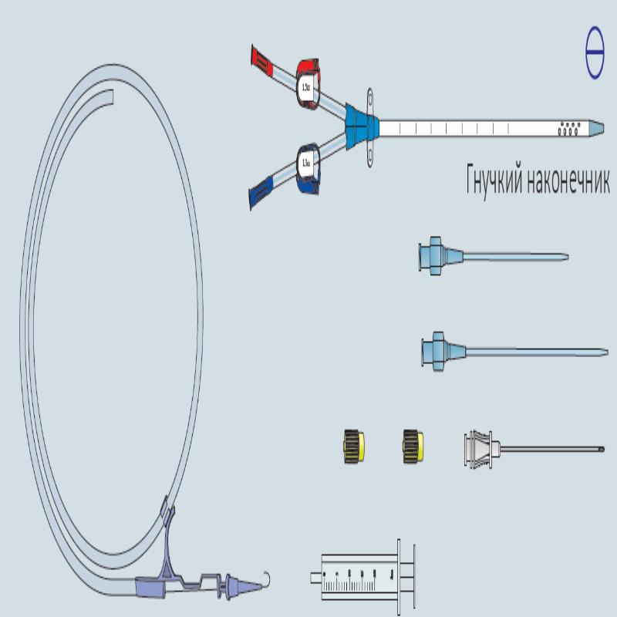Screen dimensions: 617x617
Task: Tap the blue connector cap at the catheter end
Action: (x=261, y=193)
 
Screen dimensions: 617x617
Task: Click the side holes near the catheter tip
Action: (x=569, y=127)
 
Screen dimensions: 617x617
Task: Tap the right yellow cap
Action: (x=413, y=446)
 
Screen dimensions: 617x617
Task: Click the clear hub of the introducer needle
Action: (x=481, y=447)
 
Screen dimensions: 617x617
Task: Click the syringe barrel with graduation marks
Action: (x=355, y=577)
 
